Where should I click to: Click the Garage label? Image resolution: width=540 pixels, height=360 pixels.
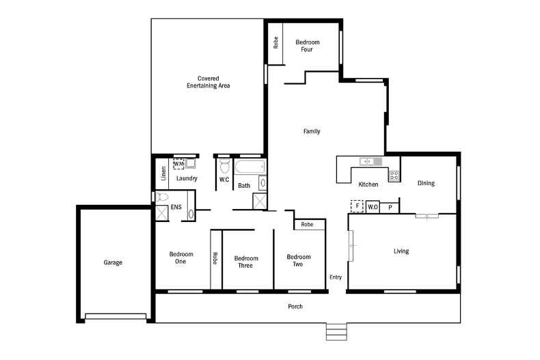click(113, 262)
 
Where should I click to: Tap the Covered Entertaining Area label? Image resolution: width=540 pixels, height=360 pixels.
click(208, 82)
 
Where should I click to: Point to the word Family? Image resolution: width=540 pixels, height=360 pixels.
click(312, 131)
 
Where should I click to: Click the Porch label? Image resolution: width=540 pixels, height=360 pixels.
click(295, 307)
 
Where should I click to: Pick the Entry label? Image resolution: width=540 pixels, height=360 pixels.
click(336, 277)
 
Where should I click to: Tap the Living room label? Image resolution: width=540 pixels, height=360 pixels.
click(401, 251)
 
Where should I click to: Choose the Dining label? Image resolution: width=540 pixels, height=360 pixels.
click(426, 183)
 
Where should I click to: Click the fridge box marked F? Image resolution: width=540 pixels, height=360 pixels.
click(356, 206)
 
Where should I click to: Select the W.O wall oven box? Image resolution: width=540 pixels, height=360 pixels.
click(373, 207)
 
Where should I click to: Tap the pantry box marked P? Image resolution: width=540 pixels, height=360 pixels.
click(390, 207)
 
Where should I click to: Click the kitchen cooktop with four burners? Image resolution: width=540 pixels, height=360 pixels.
click(394, 176)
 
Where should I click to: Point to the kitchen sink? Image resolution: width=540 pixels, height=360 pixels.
click(368, 161)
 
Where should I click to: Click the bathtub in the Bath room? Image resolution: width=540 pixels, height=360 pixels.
click(248, 167)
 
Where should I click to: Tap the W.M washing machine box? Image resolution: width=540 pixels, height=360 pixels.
click(178, 164)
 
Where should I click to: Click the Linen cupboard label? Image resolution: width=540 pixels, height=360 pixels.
click(163, 174)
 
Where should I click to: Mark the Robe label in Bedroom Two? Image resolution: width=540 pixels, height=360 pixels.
click(307, 224)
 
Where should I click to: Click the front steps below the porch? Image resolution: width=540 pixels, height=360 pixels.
click(336, 331)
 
